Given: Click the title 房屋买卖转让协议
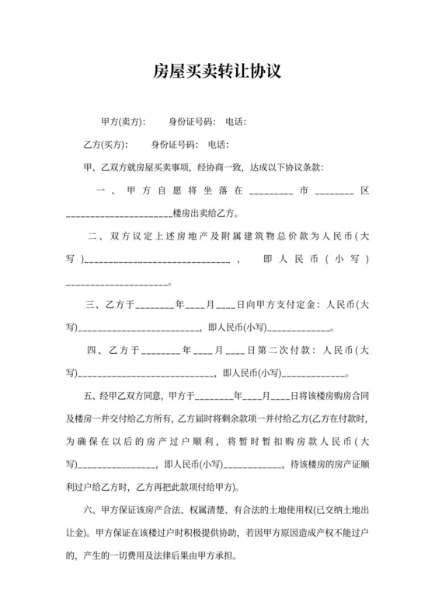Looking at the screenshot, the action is pyautogui.click(x=217, y=72).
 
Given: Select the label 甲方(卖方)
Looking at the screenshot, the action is pyautogui.click(x=123, y=121).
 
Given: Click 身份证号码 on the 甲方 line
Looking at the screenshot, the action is pyautogui.click(x=192, y=121).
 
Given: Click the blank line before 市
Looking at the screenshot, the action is pyautogui.click(x=271, y=191).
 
